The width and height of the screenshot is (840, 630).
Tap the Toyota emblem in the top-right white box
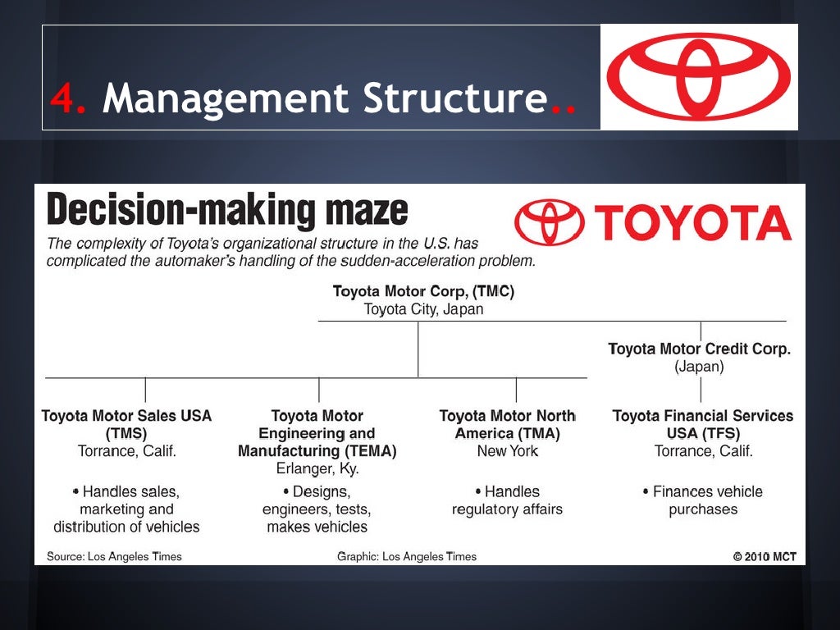698,76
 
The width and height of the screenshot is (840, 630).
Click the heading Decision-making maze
227,211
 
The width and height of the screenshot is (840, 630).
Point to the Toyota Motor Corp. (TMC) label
423,291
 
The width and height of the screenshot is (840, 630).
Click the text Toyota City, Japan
423,309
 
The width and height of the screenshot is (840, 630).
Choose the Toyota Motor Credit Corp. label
699,349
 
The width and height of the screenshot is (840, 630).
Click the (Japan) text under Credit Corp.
699,367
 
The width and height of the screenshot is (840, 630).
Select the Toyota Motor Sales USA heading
126,416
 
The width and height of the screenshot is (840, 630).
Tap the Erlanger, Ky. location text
317,469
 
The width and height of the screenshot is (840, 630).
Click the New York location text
507,451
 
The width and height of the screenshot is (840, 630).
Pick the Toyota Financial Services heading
703,416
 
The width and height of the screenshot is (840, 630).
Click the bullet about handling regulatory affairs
507,500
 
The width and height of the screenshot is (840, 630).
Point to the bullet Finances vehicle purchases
703,500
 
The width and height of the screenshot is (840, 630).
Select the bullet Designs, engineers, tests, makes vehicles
317,509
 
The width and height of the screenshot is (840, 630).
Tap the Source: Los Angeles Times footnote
114,556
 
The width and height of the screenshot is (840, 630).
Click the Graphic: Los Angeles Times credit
406,556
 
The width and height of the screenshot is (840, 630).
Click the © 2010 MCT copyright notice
765,556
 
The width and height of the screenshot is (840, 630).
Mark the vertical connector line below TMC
418,349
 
